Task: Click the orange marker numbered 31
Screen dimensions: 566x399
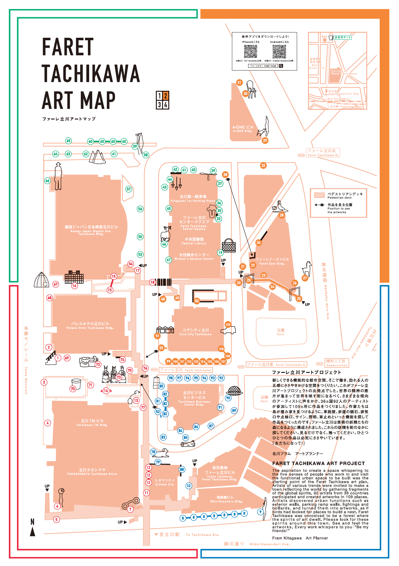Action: [239, 83]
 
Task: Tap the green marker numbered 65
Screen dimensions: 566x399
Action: [68, 141]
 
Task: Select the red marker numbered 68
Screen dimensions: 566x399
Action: [50, 298]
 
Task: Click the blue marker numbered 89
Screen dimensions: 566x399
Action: [234, 411]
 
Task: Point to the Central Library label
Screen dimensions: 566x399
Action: [194, 241]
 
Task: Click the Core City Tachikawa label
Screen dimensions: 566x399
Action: [195, 332]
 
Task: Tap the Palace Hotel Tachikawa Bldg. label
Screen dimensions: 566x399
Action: [90, 326]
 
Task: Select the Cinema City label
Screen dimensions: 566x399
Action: [164, 482]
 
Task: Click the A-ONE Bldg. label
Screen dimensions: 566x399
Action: [243, 129]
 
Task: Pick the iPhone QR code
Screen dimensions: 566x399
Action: [250, 51]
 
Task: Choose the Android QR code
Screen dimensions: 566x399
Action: [279, 51]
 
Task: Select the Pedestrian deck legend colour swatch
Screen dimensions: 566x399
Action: [320, 195]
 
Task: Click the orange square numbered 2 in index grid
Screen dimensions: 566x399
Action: [166, 96]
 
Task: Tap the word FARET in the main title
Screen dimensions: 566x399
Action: [68, 47]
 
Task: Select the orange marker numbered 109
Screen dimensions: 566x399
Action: [228, 325]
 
